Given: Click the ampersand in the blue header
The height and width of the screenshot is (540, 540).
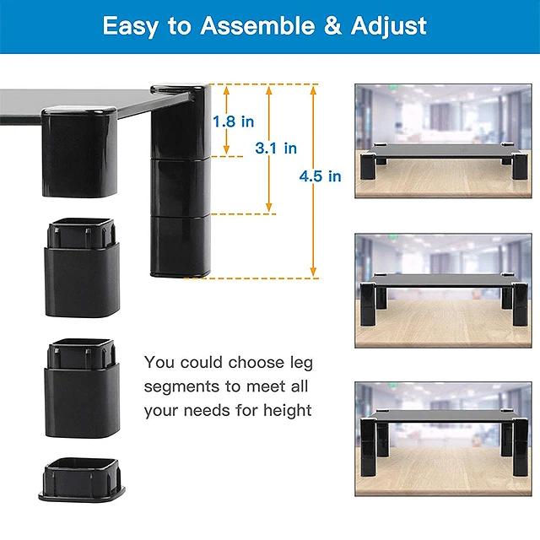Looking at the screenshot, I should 341,25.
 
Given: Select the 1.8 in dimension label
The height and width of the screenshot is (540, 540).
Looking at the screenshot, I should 233,121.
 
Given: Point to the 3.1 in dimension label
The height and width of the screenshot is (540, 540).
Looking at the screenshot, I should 276,148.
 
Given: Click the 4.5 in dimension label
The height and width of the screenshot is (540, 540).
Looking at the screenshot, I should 320,176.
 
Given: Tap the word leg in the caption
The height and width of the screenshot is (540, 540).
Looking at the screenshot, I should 299,363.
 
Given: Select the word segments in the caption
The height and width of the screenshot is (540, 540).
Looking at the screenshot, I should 181,386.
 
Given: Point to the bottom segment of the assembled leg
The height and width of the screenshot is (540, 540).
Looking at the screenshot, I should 178,245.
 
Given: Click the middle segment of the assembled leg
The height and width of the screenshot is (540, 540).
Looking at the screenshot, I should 178,186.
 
